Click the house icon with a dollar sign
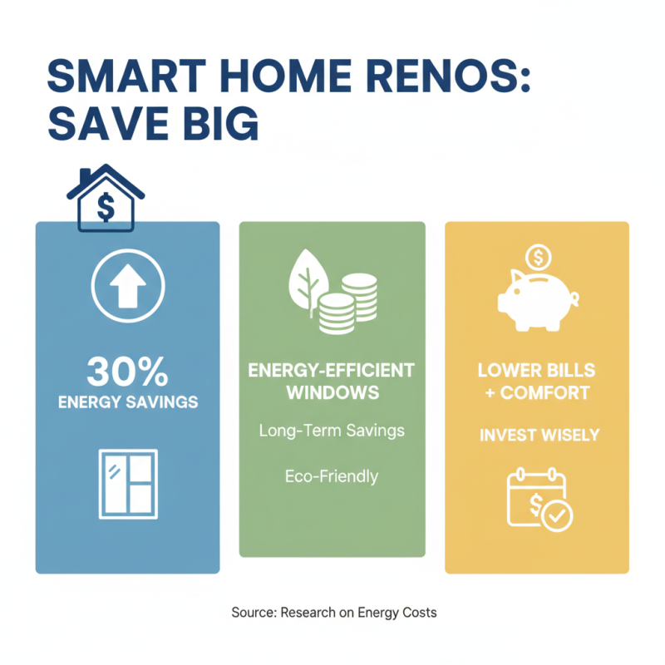(105, 199)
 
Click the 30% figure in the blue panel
(127, 372)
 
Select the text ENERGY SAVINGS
(127, 402)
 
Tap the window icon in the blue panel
(127, 485)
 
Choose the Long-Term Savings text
(332, 431)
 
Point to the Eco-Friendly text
(332, 476)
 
